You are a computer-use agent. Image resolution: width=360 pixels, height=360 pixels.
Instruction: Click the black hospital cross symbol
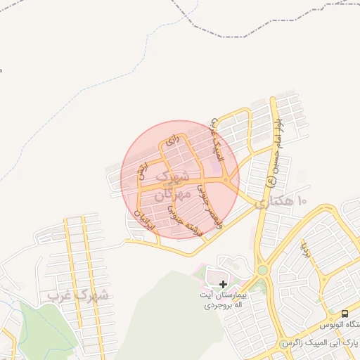point(224,284)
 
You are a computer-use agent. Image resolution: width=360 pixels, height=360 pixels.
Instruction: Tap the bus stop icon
point(345,313)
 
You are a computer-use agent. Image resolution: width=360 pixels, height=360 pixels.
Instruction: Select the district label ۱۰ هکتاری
point(281,202)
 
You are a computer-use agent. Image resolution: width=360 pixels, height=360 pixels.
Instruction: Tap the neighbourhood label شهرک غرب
point(79,295)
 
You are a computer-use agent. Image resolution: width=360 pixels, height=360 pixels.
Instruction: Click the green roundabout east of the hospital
point(262,269)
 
